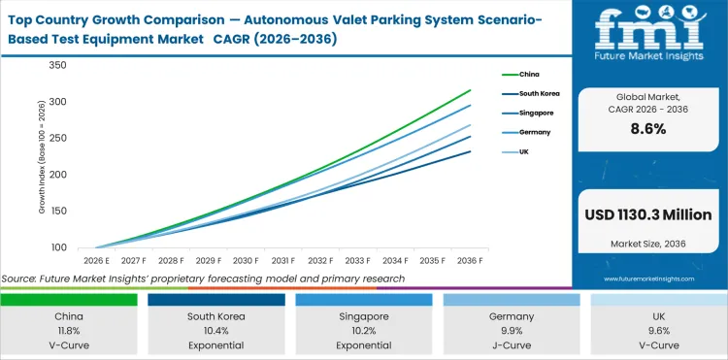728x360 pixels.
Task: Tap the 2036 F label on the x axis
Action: [470, 261]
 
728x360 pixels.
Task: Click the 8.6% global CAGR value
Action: [646, 129]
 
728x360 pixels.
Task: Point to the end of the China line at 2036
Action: [470, 90]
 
